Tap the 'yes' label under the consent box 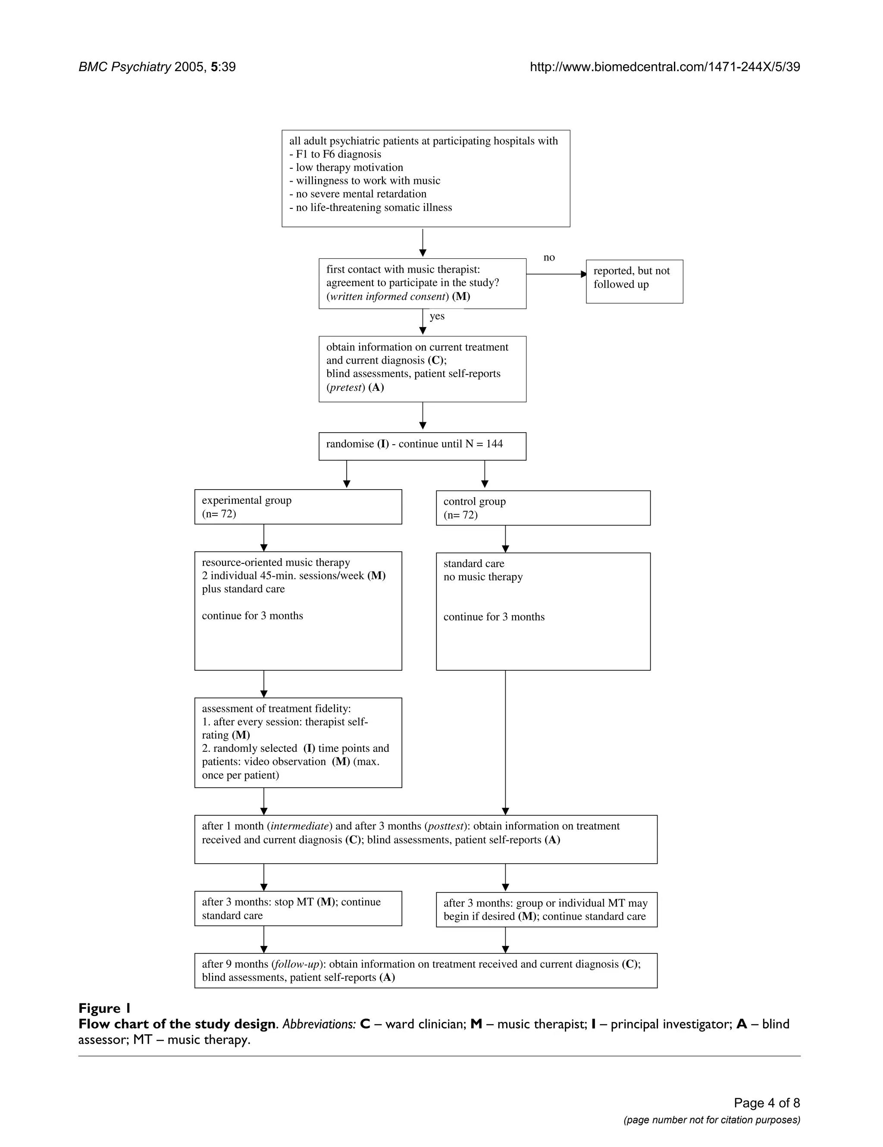click(437, 316)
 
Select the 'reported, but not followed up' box click(634, 282)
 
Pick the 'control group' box click(543, 508)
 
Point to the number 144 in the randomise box click(494, 444)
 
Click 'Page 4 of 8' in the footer click(767, 1103)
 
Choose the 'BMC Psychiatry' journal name click(125, 67)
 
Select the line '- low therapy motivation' click(347, 167)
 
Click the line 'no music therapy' click(483, 577)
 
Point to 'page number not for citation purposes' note click(712, 1120)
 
